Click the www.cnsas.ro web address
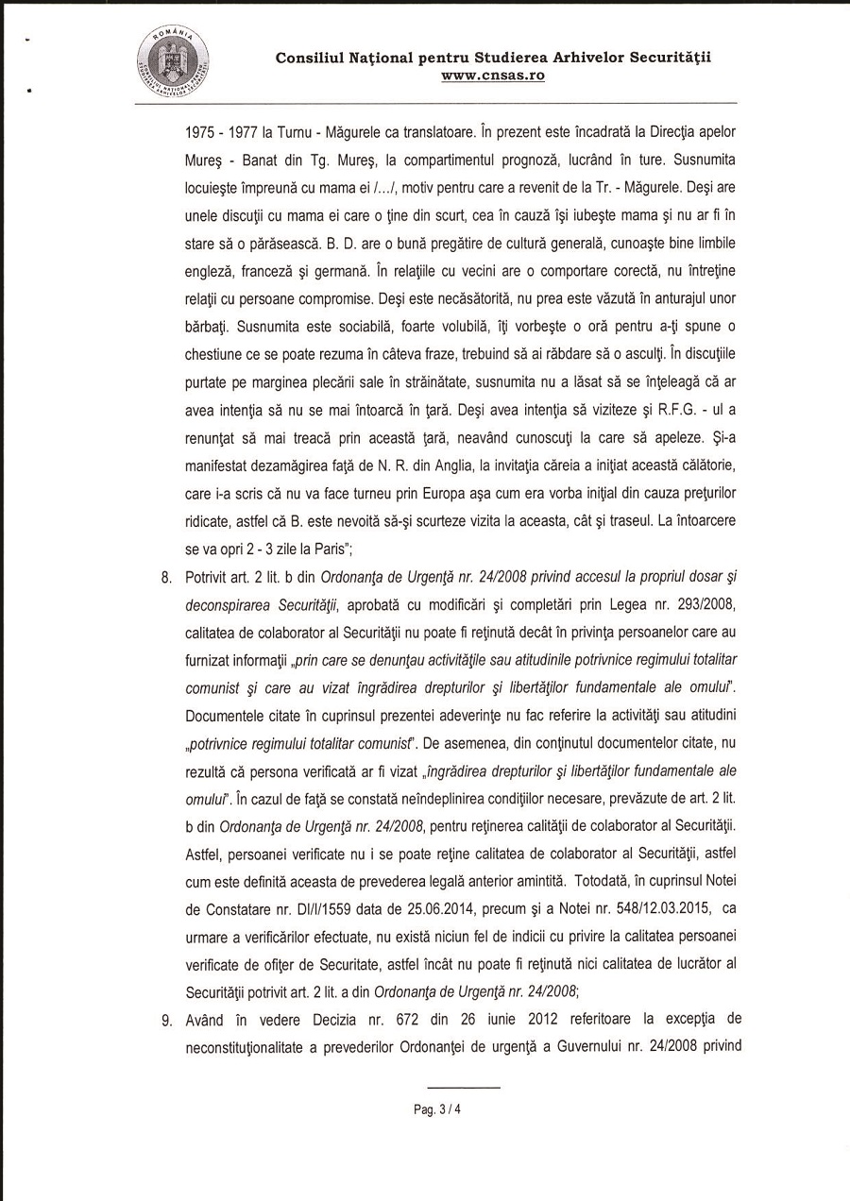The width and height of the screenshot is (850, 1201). click(x=493, y=75)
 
